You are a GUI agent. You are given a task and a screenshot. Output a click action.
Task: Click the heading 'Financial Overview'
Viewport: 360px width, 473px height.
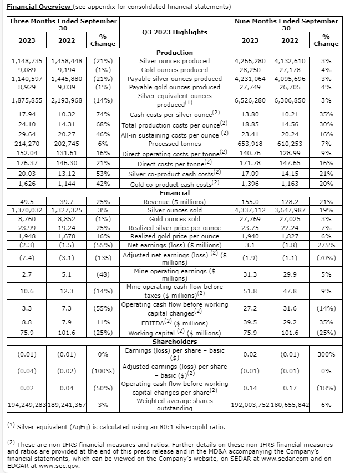click(39, 7)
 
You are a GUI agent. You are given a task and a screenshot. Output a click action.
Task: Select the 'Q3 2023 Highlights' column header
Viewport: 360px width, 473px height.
click(175, 32)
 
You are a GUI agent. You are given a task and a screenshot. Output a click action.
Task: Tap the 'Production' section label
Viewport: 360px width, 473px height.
click(175, 53)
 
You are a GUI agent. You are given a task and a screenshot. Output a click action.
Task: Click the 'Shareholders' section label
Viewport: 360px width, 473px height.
click(175, 342)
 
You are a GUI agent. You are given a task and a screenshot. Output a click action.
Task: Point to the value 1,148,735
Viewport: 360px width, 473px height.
click(27, 60)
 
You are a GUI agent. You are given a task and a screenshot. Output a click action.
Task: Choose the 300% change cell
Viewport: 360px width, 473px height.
click(326, 354)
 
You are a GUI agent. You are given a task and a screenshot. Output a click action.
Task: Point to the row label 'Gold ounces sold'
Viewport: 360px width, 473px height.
click(175, 218)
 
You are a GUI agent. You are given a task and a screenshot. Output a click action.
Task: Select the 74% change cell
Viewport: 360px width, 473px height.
click(103, 115)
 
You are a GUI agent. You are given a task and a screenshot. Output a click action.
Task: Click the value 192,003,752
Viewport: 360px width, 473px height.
click(250, 405)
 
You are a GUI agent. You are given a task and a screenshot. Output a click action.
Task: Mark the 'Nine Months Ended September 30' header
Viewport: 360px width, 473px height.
click(286, 24)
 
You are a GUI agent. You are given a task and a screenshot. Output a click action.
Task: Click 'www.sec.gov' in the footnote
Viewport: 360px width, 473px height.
click(59, 466)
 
